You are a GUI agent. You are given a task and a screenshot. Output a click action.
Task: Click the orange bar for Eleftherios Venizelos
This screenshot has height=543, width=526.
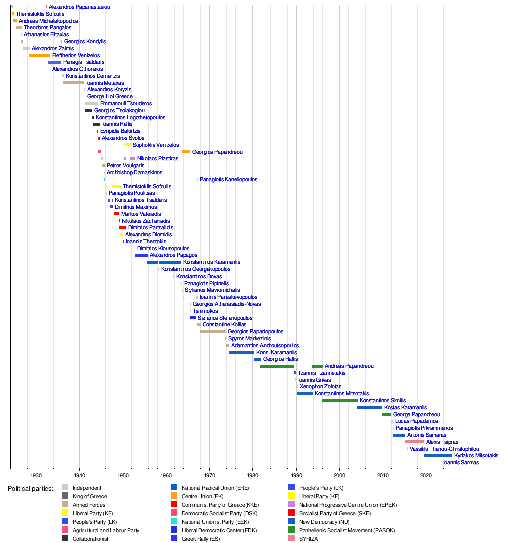click(x=39, y=55)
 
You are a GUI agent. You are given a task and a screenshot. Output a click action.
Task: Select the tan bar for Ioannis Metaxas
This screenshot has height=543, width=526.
click(x=74, y=83)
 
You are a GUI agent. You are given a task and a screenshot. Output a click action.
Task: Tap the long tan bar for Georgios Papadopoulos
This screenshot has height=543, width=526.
click(x=213, y=332)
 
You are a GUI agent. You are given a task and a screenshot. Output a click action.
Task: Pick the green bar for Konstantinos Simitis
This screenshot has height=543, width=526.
click(x=340, y=401)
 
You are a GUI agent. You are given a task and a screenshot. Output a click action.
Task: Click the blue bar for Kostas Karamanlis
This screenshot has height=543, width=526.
click(x=370, y=407)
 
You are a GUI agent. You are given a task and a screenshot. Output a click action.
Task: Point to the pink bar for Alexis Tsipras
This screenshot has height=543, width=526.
click(x=414, y=442)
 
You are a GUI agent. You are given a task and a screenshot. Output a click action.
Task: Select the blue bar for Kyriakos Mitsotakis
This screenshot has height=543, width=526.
click(x=438, y=456)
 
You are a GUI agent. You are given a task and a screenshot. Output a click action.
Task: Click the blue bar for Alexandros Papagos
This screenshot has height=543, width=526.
click(x=141, y=255)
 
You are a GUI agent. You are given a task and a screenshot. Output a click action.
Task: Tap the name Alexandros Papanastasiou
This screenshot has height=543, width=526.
click(x=79, y=7)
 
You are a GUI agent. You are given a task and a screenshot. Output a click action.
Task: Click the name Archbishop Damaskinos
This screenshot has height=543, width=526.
click(x=134, y=172)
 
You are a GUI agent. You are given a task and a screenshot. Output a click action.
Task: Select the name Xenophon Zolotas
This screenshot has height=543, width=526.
click(x=320, y=387)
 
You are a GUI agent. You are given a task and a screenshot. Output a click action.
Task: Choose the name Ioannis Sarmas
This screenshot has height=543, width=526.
click(x=461, y=463)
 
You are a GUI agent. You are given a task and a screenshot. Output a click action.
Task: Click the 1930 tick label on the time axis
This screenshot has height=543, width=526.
click(x=36, y=475)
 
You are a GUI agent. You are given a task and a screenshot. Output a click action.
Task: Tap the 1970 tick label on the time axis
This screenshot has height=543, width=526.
click(x=209, y=475)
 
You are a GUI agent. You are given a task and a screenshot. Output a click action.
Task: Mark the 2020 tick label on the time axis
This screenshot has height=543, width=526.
click(x=426, y=475)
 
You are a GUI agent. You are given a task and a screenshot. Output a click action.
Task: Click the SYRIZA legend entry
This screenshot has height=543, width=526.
click(x=308, y=539)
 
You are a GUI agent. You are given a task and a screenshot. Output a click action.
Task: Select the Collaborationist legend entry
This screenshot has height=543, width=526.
click(x=90, y=539)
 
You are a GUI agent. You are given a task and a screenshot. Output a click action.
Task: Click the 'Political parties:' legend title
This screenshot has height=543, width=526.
click(x=30, y=488)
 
